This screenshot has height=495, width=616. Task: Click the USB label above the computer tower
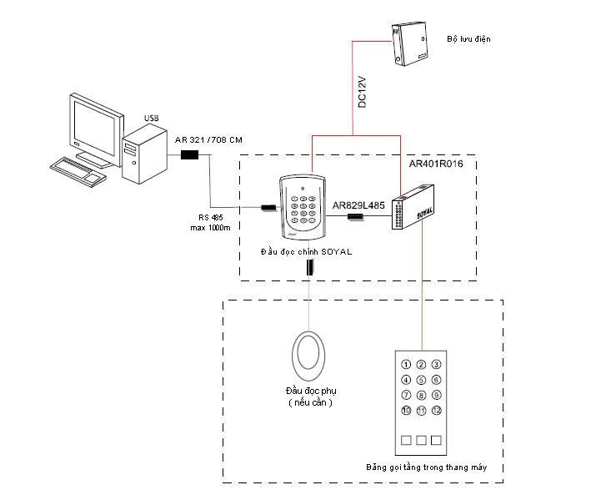pyautogui.click(x=151, y=119)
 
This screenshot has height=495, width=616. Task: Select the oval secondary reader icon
pyautogui.click(x=309, y=354)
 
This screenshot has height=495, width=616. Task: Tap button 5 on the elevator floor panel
pyautogui.click(x=421, y=379)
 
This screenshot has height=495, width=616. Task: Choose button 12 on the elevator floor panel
pyautogui.click(x=436, y=411)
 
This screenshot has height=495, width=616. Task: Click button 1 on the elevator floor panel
pyautogui.click(x=406, y=364)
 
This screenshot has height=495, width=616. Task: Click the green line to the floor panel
pyautogui.click(x=421, y=292)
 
